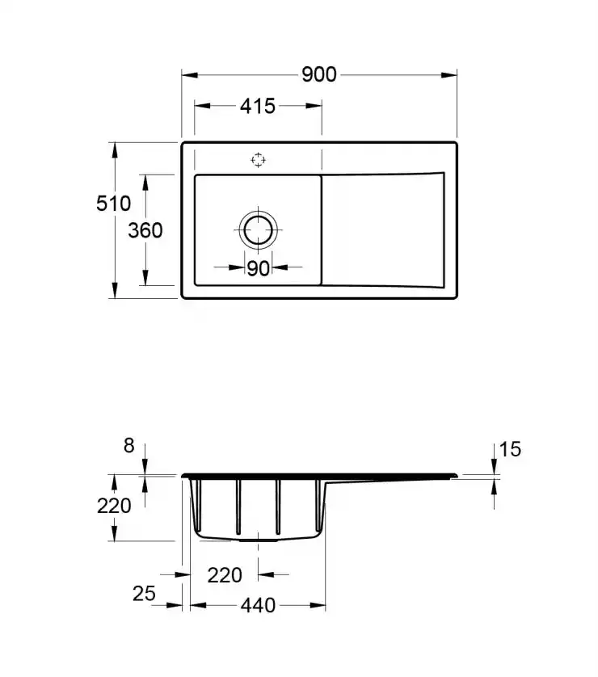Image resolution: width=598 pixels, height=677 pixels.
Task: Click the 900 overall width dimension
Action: tap(319, 74)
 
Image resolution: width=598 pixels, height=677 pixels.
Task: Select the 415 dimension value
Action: tap(258, 106)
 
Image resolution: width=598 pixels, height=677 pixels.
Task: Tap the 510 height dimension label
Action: tap(113, 204)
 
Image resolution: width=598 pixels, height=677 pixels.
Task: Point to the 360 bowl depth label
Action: tap(145, 230)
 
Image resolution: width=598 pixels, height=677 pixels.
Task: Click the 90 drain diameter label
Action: tap(259, 268)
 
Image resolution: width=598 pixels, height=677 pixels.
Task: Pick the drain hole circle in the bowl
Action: tap(259, 216)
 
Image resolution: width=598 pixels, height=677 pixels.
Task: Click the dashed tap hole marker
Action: tap(259, 160)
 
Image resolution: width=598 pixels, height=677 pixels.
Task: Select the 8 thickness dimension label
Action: tap(128, 446)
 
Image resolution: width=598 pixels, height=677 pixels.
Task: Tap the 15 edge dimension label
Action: tap(510, 449)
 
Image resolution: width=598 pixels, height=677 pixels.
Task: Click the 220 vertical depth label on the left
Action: tap(114, 506)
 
